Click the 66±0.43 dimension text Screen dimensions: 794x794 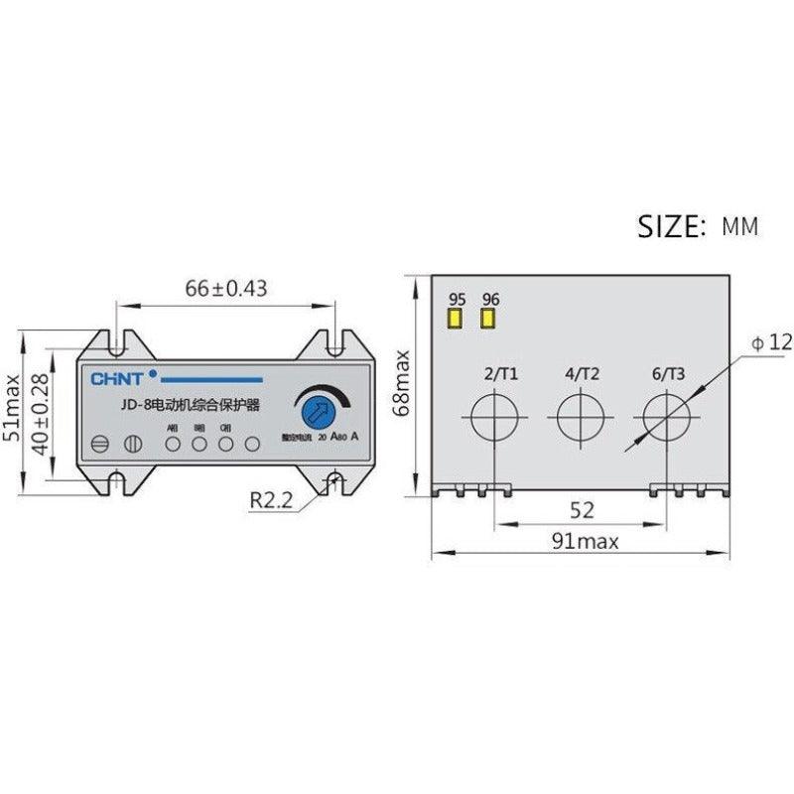pos(227,289)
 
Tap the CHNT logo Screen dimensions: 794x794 pos(118,378)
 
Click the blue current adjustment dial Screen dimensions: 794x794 pos(316,409)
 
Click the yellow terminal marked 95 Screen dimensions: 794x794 pos(457,319)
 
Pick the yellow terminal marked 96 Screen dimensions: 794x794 pos(489,319)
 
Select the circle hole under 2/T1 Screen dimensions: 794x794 pos(493,416)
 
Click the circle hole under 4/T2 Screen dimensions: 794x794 pos(580,416)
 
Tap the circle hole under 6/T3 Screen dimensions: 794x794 pos(666,416)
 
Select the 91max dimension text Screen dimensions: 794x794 pos(585,541)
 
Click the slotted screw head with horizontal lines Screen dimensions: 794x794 pos(98,445)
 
